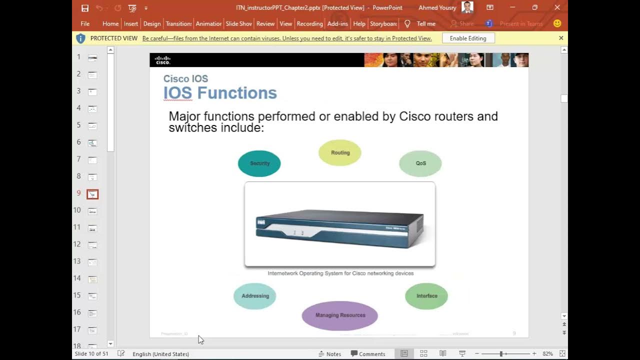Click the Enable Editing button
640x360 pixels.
pos(468,38)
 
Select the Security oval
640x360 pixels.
pos(259,163)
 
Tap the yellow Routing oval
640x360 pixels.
pos(340,153)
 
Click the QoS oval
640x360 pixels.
pos(420,163)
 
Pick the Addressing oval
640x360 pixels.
pos(255,296)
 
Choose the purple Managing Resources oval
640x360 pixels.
pos(340,315)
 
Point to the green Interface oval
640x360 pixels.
pos(426,296)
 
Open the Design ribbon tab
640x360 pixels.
pos(151,23)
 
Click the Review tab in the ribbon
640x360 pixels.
pos(265,23)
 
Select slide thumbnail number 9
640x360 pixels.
pos(92,194)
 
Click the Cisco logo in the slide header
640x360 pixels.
pos(163,60)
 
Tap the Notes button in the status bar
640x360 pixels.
pos(329,354)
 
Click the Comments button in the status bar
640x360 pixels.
pos(368,354)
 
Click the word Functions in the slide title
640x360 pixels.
pos(237,93)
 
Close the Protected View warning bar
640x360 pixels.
pos(561,38)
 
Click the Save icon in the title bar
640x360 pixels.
pos(85,8)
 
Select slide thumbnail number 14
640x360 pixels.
pos(92,279)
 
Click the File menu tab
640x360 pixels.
pos(85,23)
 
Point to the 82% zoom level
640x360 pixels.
pos(547,354)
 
